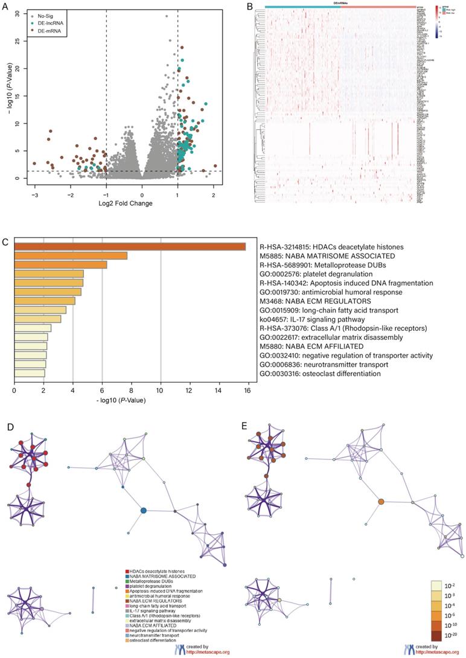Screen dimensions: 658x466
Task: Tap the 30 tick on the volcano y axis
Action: [x=18, y=13]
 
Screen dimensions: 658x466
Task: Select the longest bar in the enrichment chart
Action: [x=129, y=246]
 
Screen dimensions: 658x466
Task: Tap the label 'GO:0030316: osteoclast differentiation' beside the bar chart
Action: [x=320, y=374]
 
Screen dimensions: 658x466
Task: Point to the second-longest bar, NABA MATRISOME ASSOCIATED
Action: [x=70, y=255]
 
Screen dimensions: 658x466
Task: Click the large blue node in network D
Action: [x=144, y=511]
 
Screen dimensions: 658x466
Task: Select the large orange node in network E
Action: [x=381, y=502]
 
